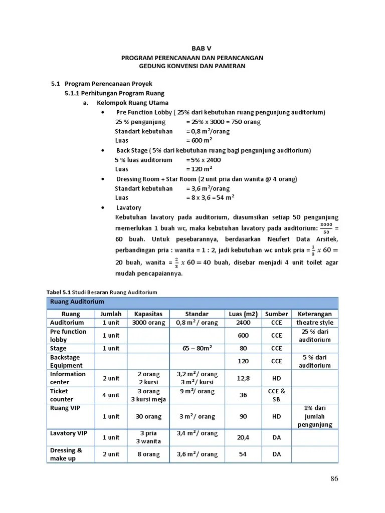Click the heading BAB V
point(202,48)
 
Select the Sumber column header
point(276,314)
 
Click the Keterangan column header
point(314,314)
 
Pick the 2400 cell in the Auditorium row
point(243,323)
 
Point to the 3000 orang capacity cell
point(148,323)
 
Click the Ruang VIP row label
point(65,408)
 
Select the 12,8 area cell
point(243,378)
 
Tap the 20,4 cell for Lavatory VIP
point(243,437)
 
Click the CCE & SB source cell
point(276,395)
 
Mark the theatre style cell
point(314,323)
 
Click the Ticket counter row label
point(62,395)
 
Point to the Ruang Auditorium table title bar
point(192,302)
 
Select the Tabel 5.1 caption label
point(59,292)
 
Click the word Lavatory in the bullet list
point(129,207)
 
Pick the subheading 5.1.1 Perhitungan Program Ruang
point(114,93)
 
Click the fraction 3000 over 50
point(326,227)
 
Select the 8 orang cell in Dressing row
point(148,454)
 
